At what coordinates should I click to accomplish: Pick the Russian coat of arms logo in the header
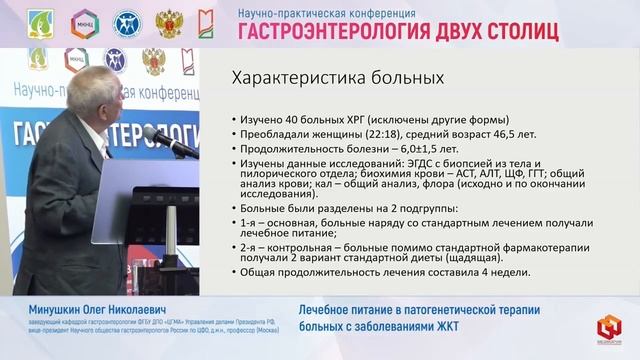point(169,22)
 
